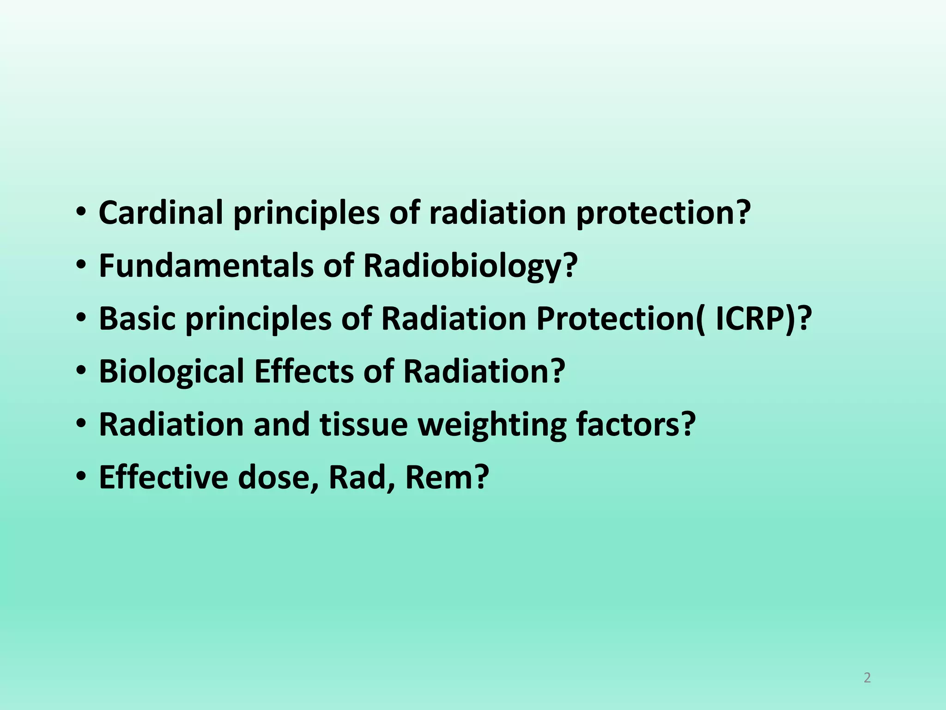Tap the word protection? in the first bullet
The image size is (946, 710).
663,214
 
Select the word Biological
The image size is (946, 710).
171,372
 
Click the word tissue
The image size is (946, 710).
364,424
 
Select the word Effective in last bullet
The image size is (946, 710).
163,477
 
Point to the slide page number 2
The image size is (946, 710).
867,678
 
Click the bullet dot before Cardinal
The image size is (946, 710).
81,213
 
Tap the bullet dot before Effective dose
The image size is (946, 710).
81,477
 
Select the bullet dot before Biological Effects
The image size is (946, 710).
81,372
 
